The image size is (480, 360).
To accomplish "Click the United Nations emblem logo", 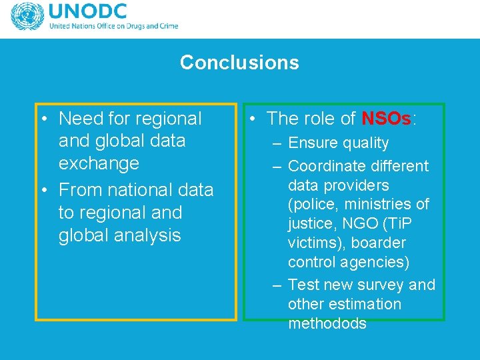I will (27, 17).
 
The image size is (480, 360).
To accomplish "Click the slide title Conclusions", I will (239, 63).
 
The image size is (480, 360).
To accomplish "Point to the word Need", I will (77, 119).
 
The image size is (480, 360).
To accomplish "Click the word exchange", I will (99, 163).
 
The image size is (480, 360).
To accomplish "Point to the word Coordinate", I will (327, 166).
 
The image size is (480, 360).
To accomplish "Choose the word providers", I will (357, 185).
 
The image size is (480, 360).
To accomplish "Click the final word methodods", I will (327, 324).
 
